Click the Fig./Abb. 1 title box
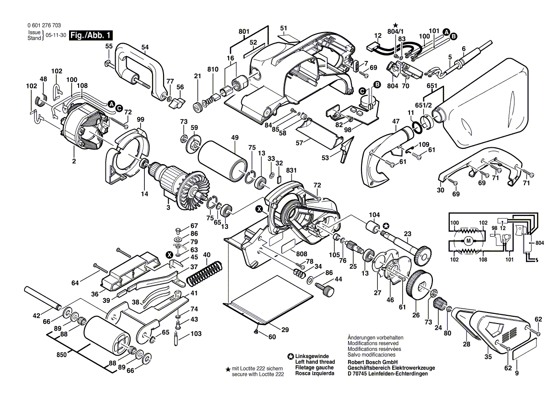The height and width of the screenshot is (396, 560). (x=91, y=36)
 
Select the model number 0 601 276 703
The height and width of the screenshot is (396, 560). (x=41, y=26)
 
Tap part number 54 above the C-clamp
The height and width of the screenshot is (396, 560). (x=145, y=47)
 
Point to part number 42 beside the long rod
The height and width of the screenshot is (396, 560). (x=36, y=315)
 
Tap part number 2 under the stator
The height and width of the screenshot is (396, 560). (x=74, y=161)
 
